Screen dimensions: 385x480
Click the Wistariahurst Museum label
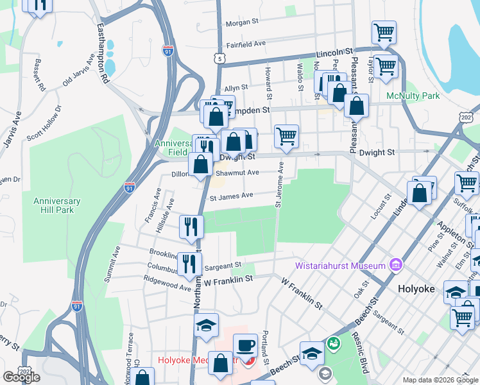[340, 266]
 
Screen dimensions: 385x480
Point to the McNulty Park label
[413, 96]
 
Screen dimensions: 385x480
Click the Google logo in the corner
[21, 377]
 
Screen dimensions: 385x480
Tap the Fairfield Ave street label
[246, 44]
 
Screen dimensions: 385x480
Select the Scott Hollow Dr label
[44, 123]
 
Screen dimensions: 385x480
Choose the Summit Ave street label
[112, 264]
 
